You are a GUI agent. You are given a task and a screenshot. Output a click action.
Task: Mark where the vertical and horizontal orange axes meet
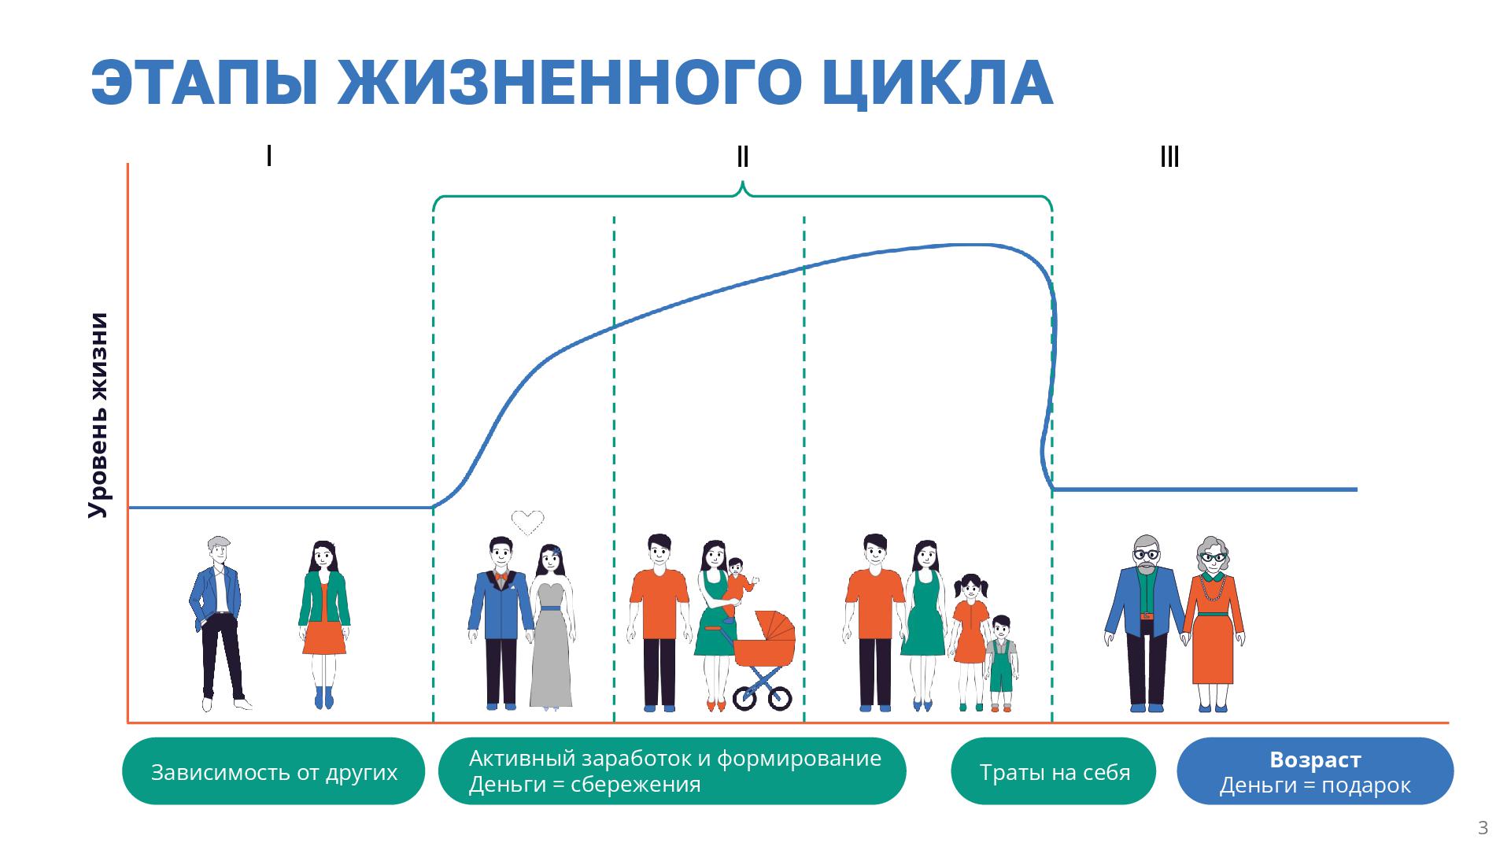(x=127, y=722)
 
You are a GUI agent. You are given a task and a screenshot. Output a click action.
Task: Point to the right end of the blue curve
(x=1357, y=490)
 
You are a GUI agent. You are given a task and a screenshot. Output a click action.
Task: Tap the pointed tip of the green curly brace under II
(x=742, y=183)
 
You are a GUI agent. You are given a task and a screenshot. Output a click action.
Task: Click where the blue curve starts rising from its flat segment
(x=433, y=507)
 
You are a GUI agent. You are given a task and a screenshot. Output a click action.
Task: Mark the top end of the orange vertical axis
(x=127, y=164)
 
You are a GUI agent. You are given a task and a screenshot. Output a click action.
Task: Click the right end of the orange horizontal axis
(x=1448, y=722)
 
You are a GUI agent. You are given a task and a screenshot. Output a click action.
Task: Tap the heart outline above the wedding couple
(x=527, y=522)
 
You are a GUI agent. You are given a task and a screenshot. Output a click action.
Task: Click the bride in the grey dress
(x=551, y=626)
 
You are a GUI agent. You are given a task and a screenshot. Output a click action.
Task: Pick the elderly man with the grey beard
(x=1145, y=623)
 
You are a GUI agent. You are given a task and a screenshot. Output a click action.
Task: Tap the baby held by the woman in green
(x=737, y=588)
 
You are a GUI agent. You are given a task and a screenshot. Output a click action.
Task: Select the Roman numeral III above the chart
(x=1169, y=157)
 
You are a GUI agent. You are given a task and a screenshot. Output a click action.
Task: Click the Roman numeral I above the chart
(x=269, y=156)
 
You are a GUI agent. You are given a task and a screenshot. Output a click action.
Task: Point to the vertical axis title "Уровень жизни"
(x=98, y=415)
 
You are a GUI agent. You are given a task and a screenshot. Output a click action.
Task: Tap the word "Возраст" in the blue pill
(x=1315, y=759)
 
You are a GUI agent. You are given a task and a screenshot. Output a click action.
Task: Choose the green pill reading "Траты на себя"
(x=1054, y=771)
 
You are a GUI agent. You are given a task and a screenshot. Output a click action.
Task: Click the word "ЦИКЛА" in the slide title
(x=937, y=83)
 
